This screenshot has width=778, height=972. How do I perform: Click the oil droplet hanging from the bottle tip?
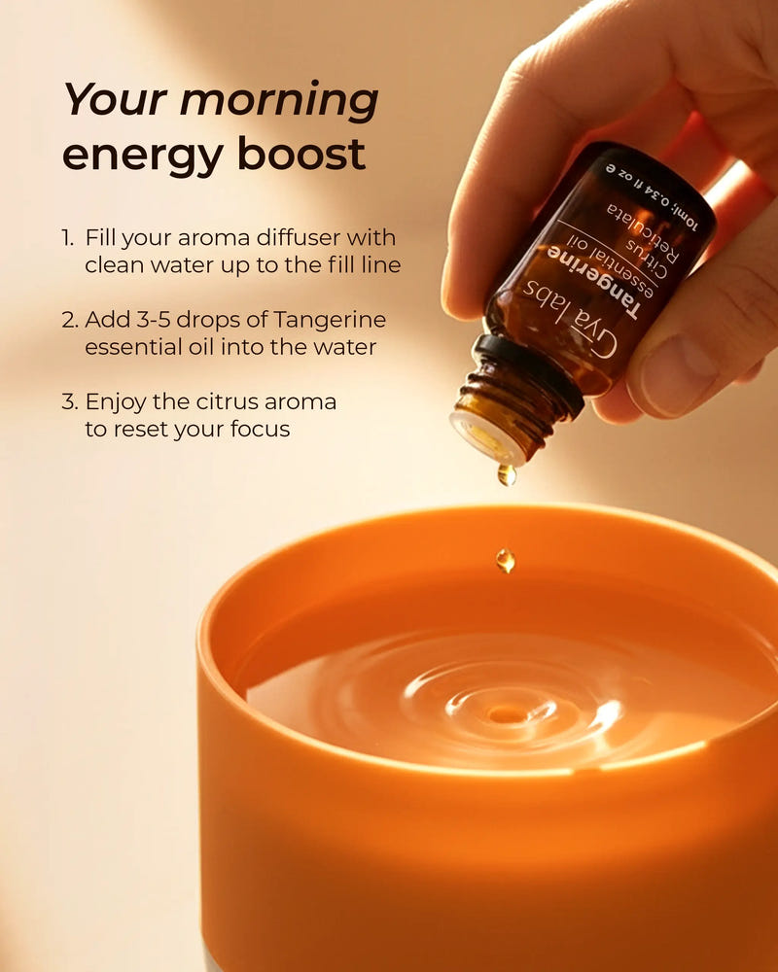point(506,475)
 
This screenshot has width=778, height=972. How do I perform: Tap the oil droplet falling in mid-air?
point(505,560)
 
